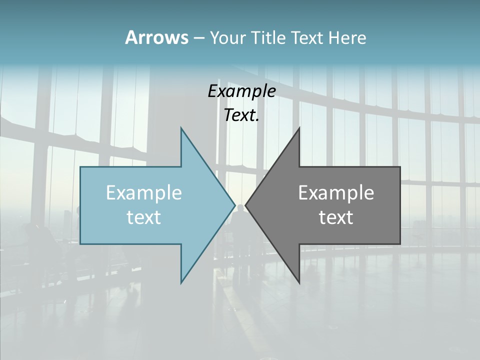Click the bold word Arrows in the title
(x=156, y=37)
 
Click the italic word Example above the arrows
(x=241, y=91)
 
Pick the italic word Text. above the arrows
(x=241, y=115)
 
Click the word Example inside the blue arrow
(x=144, y=193)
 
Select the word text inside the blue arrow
(x=144, y=217)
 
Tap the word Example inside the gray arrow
(x=336, y=193)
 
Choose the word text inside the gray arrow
(x=336, y=217)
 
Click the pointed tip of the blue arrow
(x=234, y=205)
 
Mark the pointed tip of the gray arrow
(x=246, y=205)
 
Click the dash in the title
(x=198, y=38)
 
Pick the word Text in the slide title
(x=306, y=38)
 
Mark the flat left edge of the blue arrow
(x=81, y=205)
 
